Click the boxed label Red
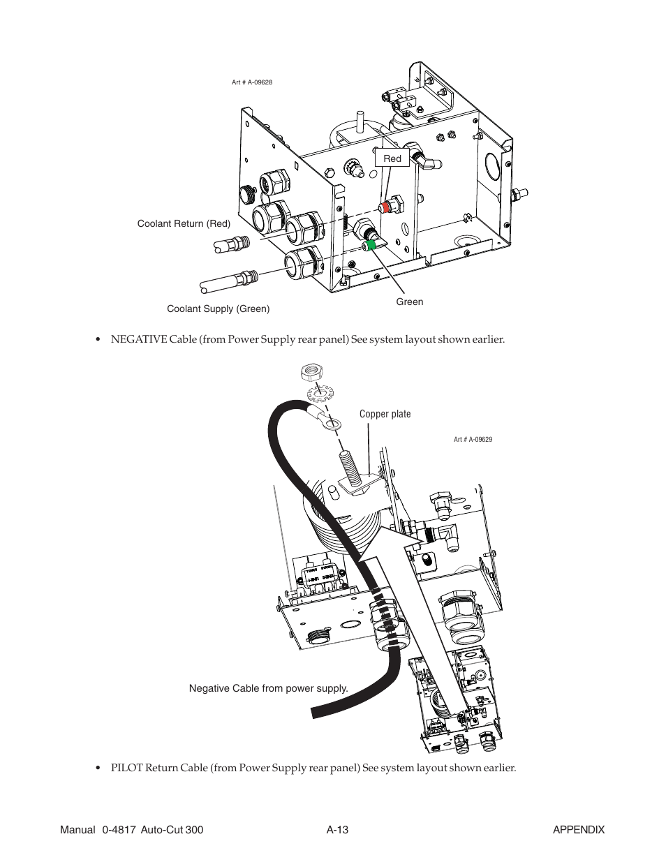point(392,158)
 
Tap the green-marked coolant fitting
point(372,244)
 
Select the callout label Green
point(410,302)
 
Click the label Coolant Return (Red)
point(184,223)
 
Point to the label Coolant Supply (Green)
point(218,309)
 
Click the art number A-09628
point(251,82)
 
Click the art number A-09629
point(473,440)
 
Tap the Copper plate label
point(385,414)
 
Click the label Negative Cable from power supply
point(268,688)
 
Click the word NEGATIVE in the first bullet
point(136,340)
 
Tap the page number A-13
point(337,830)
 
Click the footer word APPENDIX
point(578,830)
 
